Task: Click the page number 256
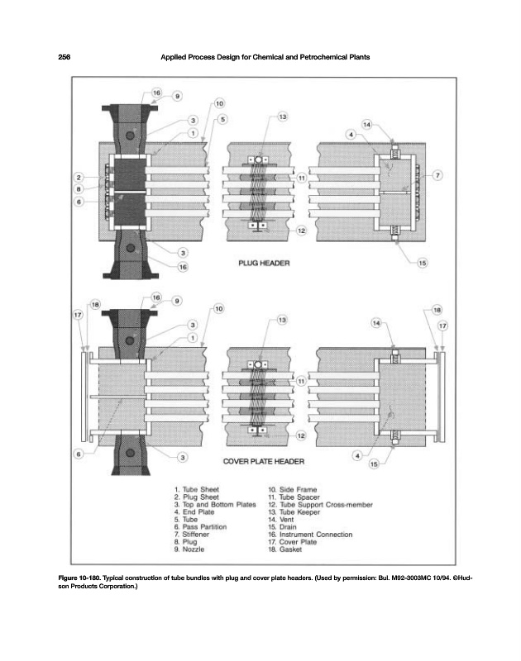(x=64, y=56)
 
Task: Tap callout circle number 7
(x=437, y=175)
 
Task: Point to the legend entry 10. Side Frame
(x=294, y=489)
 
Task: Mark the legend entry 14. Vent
(x=285, y=520)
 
